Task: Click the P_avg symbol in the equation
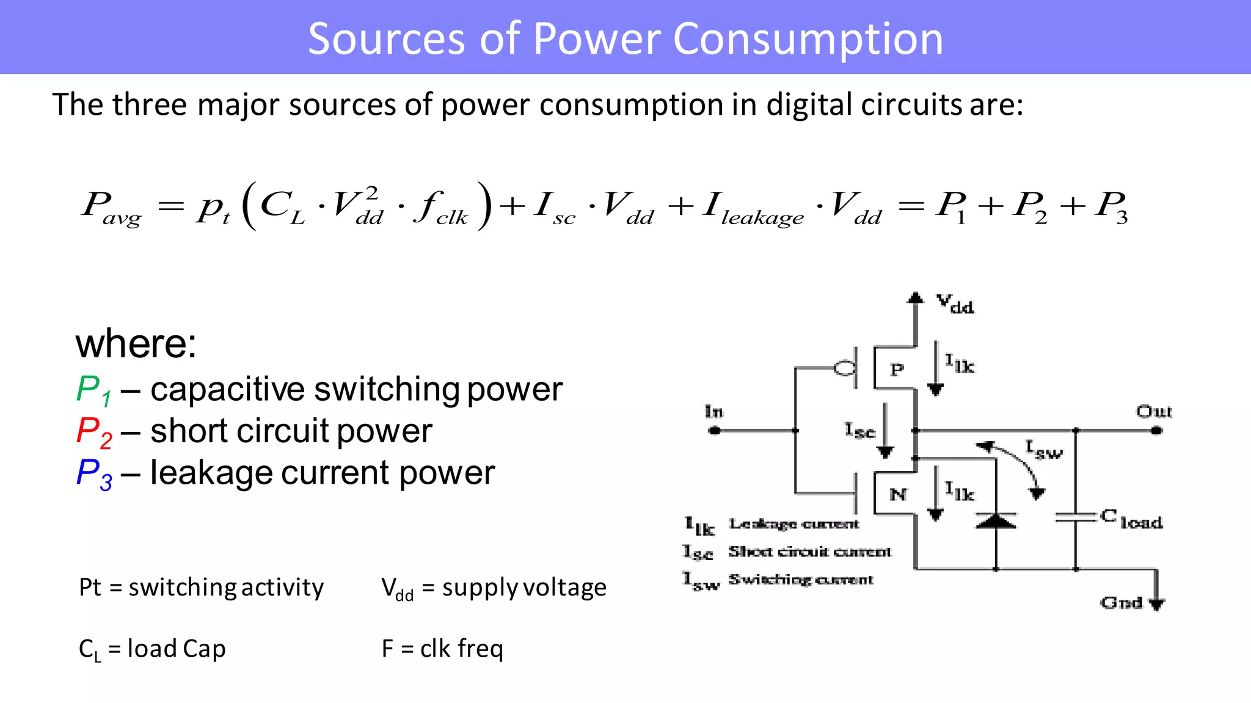pos(110,208)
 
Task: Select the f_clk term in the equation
pos(440,208)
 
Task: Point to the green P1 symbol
pos(93,390)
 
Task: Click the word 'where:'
pos(136,344)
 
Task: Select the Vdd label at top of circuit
pos(955,303)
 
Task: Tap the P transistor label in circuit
pos(896,370)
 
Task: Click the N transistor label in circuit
pos(897,494)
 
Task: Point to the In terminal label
pos(713,412)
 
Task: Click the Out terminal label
pos(1154,412)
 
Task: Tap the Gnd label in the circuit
pos(1122,603)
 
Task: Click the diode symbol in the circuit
pos(996,521)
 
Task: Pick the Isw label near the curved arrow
pos(1044,450)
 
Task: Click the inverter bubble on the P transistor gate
pos(845,368)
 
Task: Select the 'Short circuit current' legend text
pos(809,552)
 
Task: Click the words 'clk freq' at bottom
pos(461,649)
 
